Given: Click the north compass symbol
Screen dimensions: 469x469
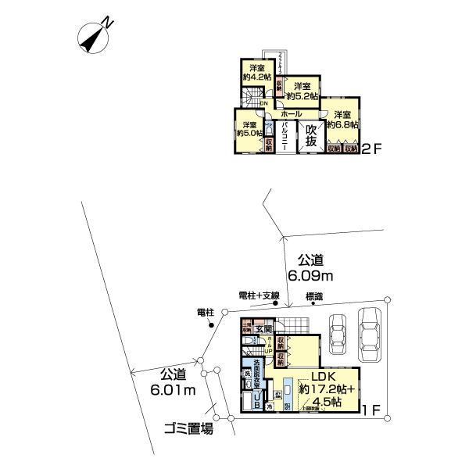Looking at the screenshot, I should pos(96,36).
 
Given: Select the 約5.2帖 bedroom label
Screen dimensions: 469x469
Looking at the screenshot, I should pos(302,91).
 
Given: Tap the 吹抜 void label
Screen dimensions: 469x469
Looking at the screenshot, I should pos(311,135).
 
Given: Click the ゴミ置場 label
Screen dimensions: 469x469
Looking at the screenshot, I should pos(187,428).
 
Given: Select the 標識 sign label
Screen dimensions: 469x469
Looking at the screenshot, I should pos(314,295).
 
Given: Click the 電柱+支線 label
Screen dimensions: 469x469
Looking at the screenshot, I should pos(259,295).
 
